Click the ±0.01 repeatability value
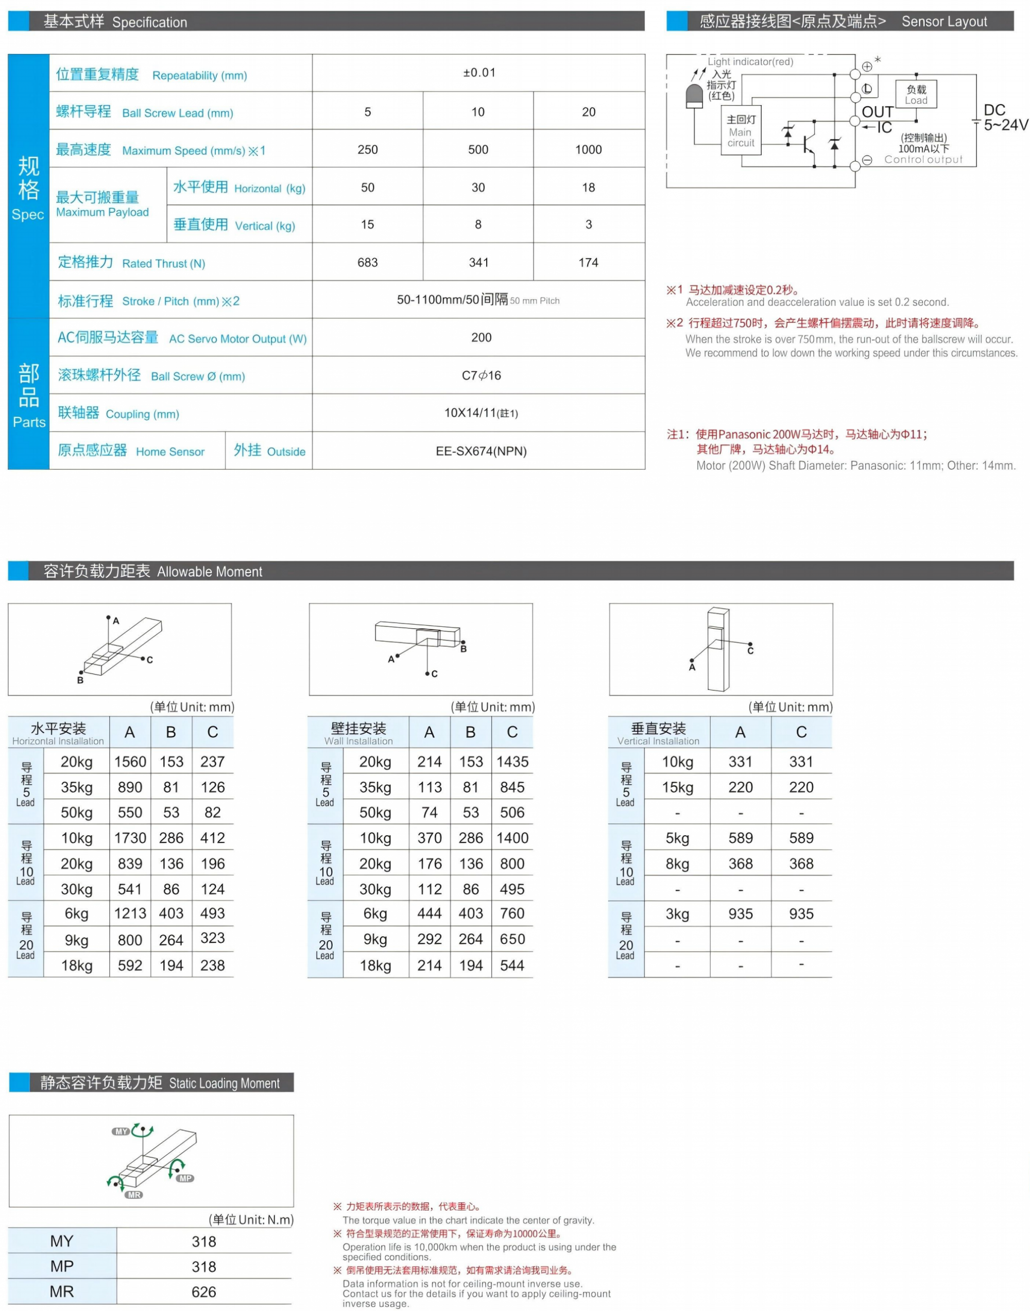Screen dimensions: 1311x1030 click(479, 73)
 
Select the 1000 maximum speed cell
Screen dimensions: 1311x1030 click(588, 149)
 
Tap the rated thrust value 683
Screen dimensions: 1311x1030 click(367, 262)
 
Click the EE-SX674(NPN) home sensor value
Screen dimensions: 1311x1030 click(480, 451)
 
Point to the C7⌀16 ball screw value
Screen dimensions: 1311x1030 click(480, 375)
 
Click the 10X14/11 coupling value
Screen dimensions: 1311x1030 click(480, 413)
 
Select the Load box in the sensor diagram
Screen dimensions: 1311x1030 click(916, 95)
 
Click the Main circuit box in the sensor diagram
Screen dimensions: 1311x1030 click(741, 130)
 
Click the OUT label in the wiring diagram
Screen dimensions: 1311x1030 click(877, 112)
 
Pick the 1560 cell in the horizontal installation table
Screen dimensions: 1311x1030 click(130, 762)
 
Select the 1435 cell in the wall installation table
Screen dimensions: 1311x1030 click(512, 762)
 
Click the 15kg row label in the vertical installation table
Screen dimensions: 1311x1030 click(677, 787)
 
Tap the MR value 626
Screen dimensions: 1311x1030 click(204, 1292)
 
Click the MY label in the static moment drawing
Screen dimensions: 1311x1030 click(121, 1131)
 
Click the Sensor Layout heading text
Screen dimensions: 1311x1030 click(944, 22)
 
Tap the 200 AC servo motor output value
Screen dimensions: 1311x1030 click(480, 338)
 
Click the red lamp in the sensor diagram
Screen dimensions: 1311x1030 click(695, 96)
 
